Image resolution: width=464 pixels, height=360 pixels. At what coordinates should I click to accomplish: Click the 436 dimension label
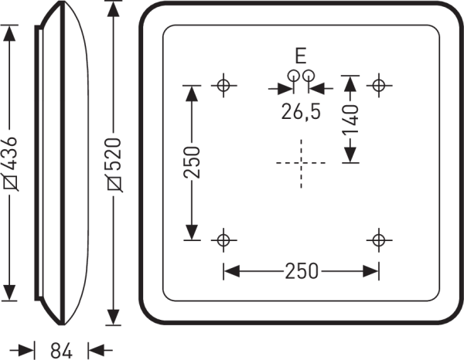pos(10,154)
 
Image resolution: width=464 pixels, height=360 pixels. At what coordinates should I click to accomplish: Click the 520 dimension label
pos(114,154)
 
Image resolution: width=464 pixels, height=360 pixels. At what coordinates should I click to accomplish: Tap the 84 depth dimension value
pos(61,351)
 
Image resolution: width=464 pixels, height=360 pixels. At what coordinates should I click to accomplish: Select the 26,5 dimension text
pos(301,112)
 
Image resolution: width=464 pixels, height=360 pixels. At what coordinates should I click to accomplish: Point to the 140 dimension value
pos(351,120)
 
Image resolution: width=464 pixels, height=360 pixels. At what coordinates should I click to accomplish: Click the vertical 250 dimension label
pos(192,162)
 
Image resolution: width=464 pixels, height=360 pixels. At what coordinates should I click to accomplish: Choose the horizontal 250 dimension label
pos(302,271)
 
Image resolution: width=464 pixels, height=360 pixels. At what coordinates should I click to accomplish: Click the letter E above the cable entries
pos(301,56)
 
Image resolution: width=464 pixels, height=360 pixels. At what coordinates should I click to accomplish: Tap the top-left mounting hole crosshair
pos(223,86)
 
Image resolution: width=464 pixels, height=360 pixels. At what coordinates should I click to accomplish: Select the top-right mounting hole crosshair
pos(379,86)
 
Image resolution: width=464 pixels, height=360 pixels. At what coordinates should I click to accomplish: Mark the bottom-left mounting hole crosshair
pos(223,240)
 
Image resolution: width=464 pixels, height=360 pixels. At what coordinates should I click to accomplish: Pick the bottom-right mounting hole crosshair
pos(379,240)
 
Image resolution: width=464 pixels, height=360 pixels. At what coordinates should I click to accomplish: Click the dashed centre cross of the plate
pos(301,163)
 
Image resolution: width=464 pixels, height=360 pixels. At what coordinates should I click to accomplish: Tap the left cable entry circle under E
pos(293,75)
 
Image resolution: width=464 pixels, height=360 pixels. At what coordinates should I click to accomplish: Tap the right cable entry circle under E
pos(309,75)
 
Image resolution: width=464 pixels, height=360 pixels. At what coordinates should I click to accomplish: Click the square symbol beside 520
pos(114,184)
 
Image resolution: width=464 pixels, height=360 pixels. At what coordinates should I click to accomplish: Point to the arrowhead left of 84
pos(26,351)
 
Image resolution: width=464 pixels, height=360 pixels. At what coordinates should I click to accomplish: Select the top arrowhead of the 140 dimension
pos(350,83)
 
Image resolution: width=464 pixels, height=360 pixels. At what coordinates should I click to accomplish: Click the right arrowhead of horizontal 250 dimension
pos(370,271)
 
